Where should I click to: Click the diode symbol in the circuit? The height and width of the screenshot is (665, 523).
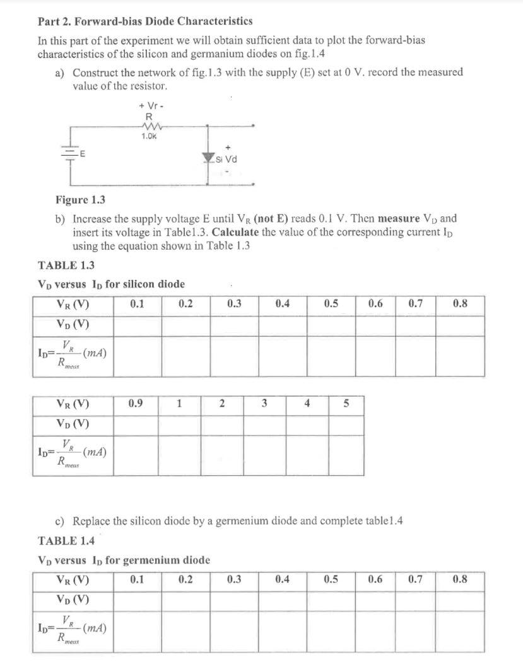coord(209,159)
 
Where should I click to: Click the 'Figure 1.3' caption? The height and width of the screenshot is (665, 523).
coord(81,200)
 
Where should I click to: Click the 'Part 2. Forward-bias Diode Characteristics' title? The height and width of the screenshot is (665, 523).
coord(145,21)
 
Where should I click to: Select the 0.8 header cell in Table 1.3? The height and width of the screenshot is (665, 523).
coord(461,304)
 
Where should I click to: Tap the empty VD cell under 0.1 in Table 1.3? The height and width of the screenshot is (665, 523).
coord(137,325)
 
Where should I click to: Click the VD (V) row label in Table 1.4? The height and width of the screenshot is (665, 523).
coord(73,599)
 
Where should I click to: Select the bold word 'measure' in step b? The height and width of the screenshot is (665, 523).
coord(395,219)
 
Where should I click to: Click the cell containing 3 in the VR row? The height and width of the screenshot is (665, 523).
coord(265,403)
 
